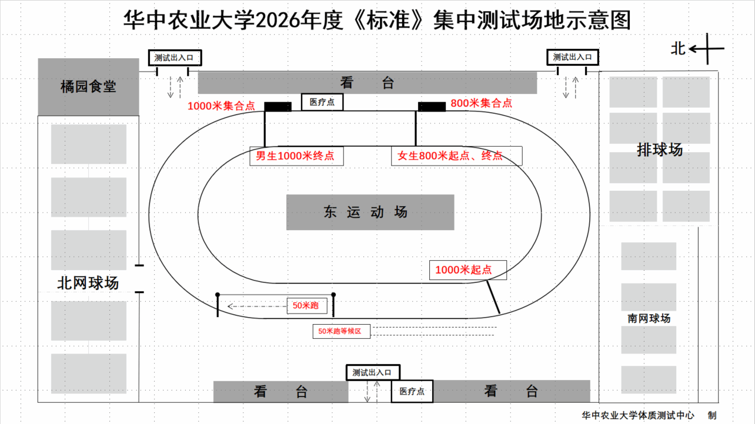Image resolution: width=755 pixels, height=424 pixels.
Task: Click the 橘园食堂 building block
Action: coord(88,87)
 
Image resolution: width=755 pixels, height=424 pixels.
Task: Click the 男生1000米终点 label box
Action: coord(296,156)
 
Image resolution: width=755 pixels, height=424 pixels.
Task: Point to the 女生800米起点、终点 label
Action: coord(456,156)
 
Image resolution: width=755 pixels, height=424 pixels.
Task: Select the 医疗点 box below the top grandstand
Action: coord(322,102)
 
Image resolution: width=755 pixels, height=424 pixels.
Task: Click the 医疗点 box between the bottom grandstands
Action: coord(412,391)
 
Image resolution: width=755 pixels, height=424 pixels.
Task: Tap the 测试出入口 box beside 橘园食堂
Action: coord(175,58)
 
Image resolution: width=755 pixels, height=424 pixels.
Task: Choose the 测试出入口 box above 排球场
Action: coord(573,57)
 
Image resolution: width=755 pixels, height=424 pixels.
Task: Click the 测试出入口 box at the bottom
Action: coord(373,372)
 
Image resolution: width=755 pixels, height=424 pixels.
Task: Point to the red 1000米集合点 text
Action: coord(221,106)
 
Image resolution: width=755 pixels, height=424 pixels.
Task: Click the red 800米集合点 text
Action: coord(481,103)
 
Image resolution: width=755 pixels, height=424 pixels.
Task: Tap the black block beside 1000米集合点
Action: coord(278,106)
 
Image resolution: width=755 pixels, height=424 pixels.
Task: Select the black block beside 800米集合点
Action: coord(432,106)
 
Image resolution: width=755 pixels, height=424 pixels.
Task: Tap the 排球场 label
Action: coord(659,150)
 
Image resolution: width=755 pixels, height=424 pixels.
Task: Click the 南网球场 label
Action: coord(649,318)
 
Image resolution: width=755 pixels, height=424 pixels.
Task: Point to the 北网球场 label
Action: coord(88,283)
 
